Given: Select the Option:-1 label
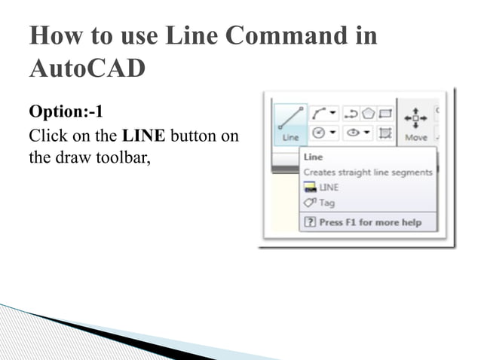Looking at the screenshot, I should coord(66,112).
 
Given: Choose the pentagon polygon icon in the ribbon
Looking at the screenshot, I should coord(369,114).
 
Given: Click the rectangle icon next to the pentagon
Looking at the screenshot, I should coord(385,114).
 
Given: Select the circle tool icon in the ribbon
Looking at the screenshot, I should coord(318,133).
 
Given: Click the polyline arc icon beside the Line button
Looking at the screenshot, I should coord(319,114).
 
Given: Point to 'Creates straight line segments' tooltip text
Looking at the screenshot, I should coord(368,172).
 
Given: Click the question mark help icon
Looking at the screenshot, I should coord(310,222).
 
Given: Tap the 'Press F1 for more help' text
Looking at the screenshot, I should coord(369,222).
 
